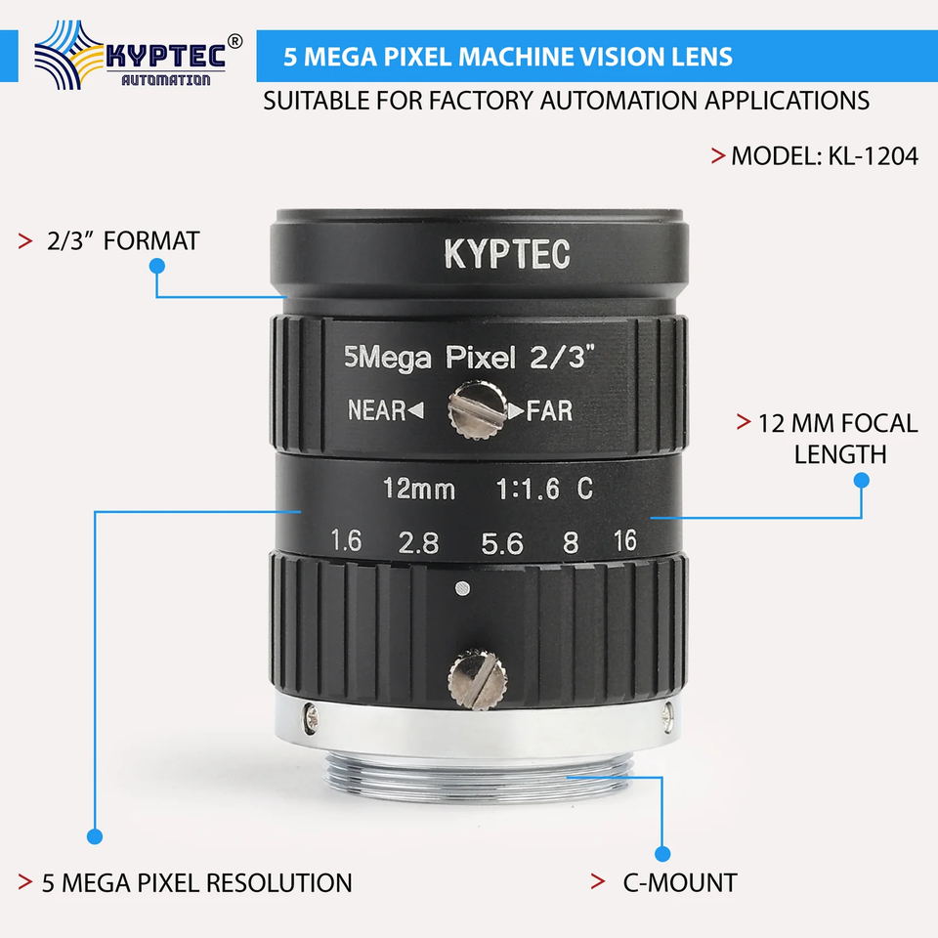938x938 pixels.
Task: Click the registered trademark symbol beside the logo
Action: pos(235,41)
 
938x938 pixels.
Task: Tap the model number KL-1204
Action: pos(873,156)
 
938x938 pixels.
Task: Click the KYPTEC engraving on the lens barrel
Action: pos(507,254)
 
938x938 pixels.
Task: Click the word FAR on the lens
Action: pos(549,411)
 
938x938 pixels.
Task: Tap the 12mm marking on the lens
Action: pos(419,489)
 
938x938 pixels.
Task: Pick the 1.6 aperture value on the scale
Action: pos(346,540)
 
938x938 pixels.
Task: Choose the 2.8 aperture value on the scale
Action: pos(419,543)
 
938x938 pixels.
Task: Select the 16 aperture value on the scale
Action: pos(624,540)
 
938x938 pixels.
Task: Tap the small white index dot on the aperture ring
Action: pos(462,588)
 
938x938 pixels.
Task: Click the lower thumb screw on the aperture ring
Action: pos(478,680)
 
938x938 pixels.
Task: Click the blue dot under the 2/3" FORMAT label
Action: pos(157,266)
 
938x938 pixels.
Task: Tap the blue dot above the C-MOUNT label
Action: pos(662,854)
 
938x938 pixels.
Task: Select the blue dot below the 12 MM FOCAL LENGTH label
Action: pos(862,481)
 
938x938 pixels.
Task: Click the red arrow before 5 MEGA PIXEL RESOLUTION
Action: pos(25,881)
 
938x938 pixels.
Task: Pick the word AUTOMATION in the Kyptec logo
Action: pos(166,80)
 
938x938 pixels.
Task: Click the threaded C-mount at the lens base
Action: pos(478,775)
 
